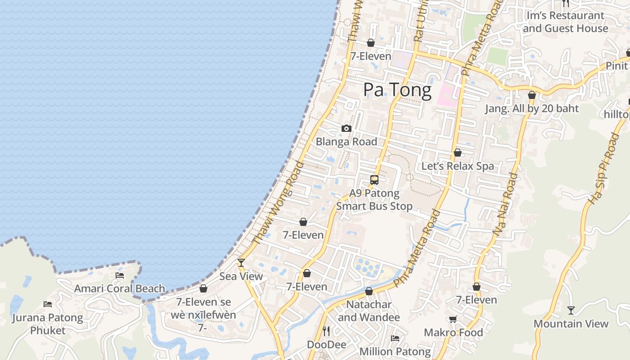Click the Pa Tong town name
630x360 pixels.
coord(397,90)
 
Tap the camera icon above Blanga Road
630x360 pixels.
coord(346,129)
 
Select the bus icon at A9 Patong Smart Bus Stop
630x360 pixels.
coord(374,180)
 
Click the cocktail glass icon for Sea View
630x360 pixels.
coord(241,263)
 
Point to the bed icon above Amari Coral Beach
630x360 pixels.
coord(120,275)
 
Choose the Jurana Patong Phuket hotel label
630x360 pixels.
coord(48,324)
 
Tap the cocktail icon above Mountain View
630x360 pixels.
coord(571,310)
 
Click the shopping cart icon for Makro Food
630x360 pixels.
coord(453,319)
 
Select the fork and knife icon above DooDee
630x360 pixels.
coord(327,332)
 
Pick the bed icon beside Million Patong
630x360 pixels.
coord(395,338)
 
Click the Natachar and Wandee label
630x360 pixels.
coord(369,311)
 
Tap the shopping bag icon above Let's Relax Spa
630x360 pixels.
coord(458,153)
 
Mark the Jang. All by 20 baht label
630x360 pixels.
coord(532,108)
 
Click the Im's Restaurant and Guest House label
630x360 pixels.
coord(566,22)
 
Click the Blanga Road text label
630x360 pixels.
coord(346,142)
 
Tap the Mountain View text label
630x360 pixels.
coord(571,324)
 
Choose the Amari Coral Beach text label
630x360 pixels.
coord(120,288)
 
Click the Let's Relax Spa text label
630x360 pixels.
coord(458,166)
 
